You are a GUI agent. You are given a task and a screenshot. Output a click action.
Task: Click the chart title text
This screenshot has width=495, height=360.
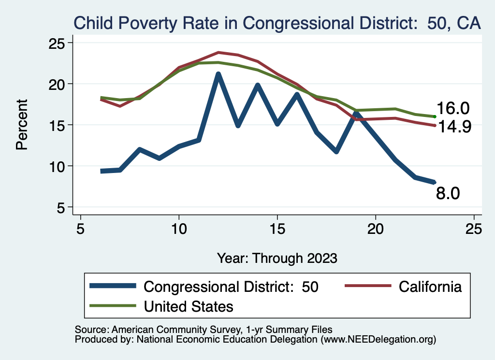(277, 23)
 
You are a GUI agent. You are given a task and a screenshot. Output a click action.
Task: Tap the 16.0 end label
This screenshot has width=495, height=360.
(453, 109)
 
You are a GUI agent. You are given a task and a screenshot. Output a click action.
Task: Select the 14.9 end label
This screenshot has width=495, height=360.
(453, 127)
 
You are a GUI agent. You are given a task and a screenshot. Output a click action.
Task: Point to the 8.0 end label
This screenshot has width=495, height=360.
(448, 193)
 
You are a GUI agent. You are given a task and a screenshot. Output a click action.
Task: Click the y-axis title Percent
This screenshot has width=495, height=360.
(22, 125)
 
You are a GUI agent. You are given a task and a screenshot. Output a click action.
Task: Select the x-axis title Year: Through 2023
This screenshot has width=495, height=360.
(277, 258)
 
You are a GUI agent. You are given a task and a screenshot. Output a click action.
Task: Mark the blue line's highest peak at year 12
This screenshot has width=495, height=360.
(218, 74)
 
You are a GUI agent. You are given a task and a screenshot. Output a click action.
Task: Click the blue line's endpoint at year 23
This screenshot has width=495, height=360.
(435, 182)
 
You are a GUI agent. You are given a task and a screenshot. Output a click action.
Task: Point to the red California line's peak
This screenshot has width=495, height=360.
(218, 52)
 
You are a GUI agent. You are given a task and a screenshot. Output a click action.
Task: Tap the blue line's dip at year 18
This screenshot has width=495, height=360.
(336, 152)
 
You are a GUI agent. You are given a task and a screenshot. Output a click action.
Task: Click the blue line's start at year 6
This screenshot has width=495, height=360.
(101, 171)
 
